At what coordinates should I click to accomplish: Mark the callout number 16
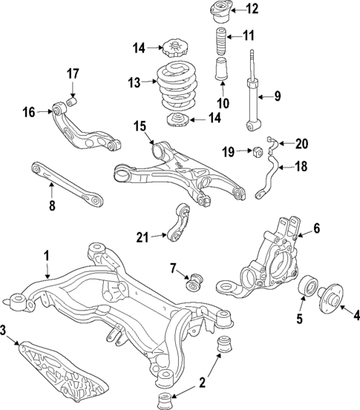[28, 112]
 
